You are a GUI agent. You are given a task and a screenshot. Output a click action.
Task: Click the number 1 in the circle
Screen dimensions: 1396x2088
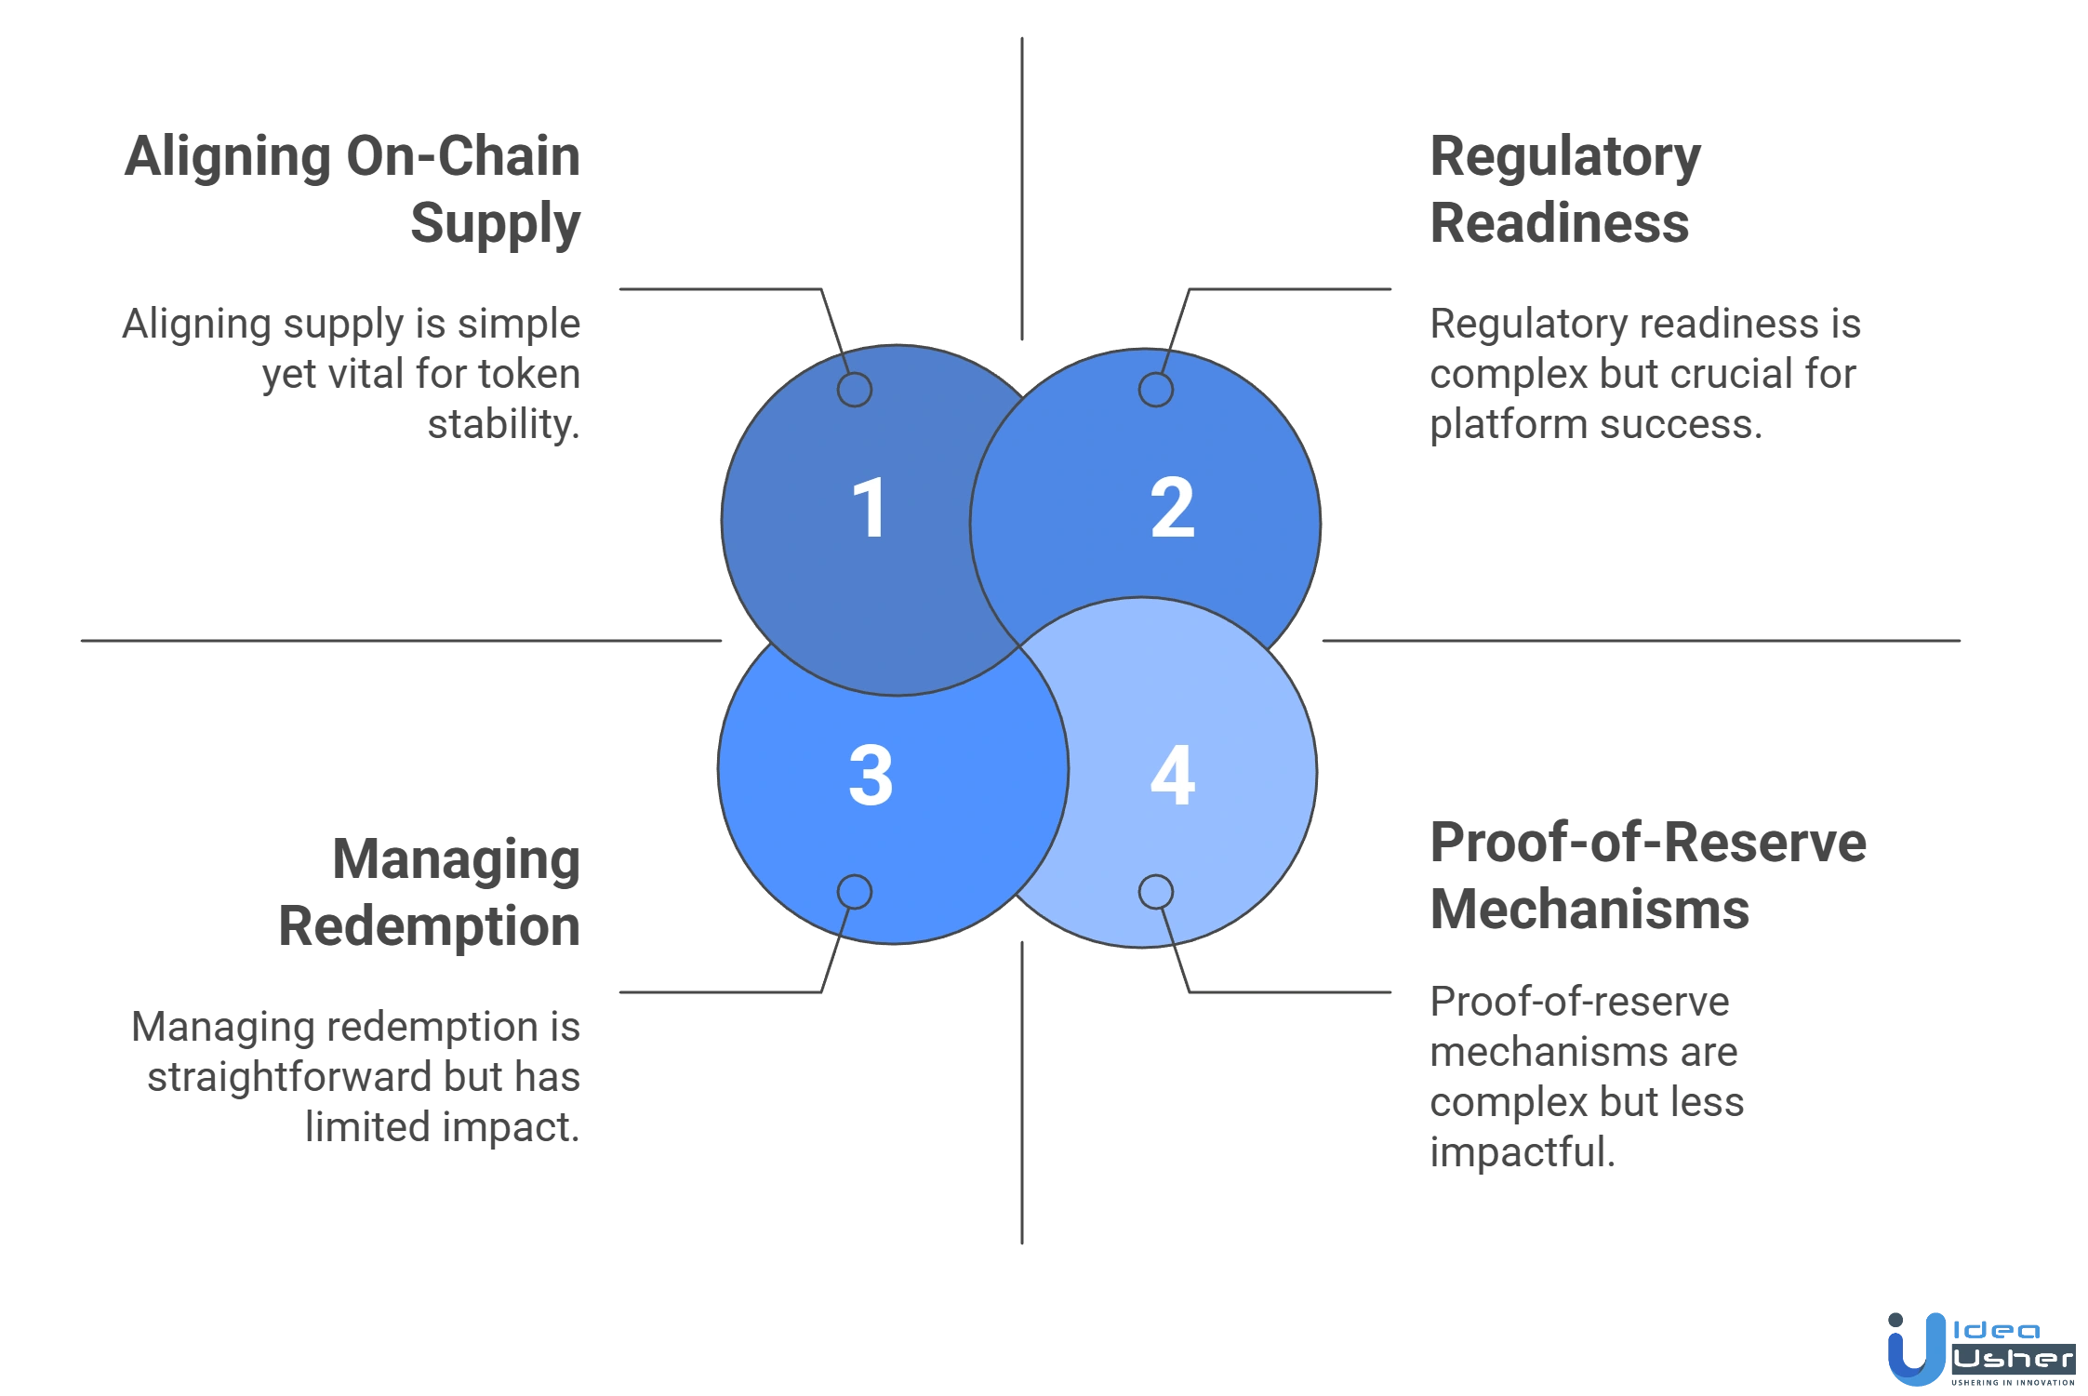(x=869, y=508)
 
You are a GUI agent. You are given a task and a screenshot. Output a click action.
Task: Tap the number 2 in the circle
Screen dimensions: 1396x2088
(x=1172, y=508)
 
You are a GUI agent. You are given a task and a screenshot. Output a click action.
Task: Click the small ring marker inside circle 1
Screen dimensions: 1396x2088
(x=854, y=389)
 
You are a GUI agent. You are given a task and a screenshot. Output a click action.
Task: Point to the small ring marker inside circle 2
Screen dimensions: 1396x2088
(x=1155, y=389)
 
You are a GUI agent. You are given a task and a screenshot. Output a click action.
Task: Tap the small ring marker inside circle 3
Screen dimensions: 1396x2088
(x=854, y=892)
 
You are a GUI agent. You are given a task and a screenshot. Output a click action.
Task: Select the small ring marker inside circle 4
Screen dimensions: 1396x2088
(x=1155, y=892)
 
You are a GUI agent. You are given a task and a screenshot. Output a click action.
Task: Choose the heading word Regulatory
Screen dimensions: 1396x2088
(x=1564, y=159)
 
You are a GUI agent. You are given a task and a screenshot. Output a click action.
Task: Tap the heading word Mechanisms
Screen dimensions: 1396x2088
(x=1589, y=908)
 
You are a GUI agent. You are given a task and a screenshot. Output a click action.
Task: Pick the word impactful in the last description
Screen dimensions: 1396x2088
(x=1518, y=1150)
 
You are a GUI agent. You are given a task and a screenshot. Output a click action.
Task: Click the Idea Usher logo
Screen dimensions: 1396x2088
(x=1979, y=1349)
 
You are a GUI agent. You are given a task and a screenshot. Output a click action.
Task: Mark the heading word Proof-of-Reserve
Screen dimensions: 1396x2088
(x=1646, y=843)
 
